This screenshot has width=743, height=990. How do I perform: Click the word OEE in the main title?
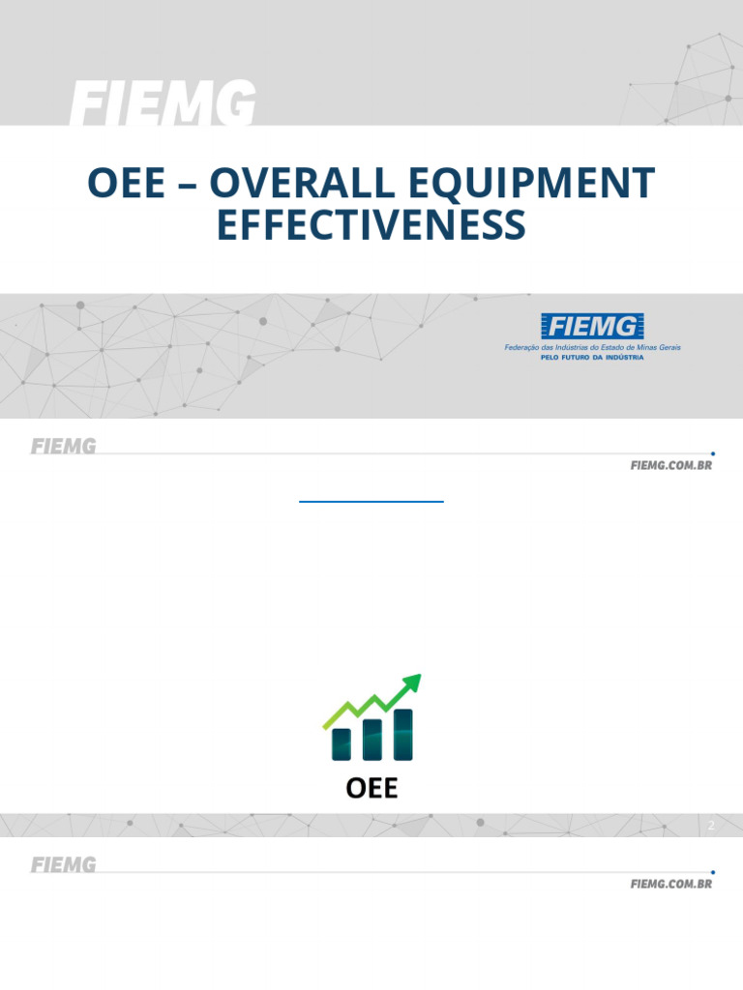point(126,183)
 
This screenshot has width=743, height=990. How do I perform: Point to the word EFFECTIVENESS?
point(371,225)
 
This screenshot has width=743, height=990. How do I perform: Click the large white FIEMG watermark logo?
point(163,103)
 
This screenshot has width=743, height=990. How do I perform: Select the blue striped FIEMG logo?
point(592,327)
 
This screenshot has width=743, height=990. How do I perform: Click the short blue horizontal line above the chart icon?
point(371,502)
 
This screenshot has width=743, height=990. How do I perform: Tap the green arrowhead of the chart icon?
point(412,684)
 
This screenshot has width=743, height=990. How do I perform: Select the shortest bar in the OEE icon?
point(341,743)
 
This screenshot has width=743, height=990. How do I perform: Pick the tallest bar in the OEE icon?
point(402,734)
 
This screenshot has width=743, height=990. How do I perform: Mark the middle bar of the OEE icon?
point(371,739)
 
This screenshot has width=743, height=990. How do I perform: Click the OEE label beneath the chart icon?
point(371,788)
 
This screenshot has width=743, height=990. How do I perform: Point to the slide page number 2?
point(711,826)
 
